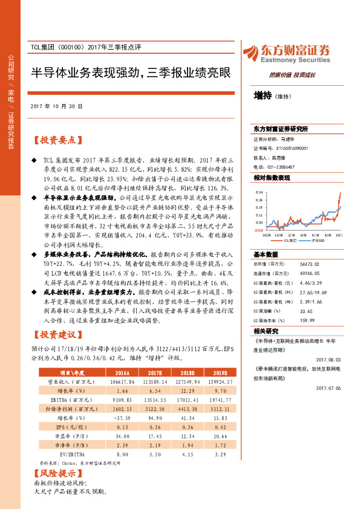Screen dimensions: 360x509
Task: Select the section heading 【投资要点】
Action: pyautogui.click(x=57, y=140)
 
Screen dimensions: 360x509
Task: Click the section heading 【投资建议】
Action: pyautogui.click(x=57, y=335)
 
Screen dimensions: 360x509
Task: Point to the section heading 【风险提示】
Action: pyautogui.click(x=57, y=473)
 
